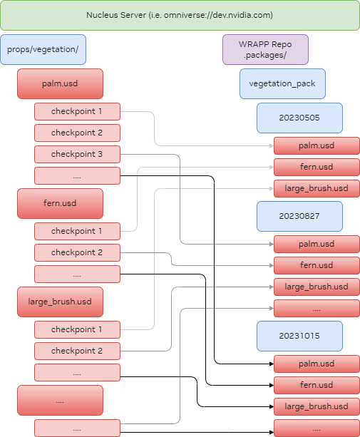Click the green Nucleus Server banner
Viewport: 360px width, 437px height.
coord(180,15)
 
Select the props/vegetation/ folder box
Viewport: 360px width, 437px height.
coord(43,50)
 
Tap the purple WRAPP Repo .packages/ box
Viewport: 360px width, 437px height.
coord(265,50)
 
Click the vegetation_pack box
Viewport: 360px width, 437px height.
coord(282,84)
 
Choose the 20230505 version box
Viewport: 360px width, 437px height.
coord(299,118)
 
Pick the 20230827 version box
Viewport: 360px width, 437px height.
coord(299,216)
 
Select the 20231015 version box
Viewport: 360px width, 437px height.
coord(299,336)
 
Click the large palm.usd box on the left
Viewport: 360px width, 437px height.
coord(60,83)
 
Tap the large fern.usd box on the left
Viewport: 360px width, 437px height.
coord(60,203)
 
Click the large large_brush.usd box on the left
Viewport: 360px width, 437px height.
coord(60,302)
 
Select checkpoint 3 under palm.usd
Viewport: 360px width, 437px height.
coord(77,154)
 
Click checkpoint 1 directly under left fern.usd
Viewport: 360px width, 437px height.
coord(77,231)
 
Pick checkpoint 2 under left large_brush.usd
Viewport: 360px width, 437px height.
coord(77,351)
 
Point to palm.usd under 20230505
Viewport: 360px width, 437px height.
coord(317,146)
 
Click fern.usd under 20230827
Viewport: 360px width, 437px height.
coord(317,265)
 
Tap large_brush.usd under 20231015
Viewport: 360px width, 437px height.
coord(317,406)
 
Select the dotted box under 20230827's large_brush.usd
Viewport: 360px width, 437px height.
coord(317,309)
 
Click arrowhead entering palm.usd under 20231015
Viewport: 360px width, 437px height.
coord(271,364)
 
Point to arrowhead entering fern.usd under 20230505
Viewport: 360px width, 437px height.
coord(271,168)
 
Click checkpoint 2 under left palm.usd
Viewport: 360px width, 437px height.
coord(77,133)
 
